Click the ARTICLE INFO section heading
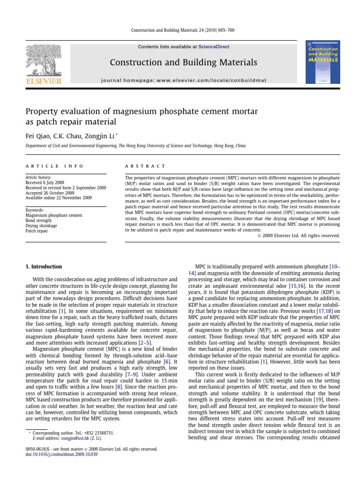tap(54, 166)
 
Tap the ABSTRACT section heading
tap(145, 166)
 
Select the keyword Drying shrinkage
tap(41, 225)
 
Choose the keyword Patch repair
tap(37, 231)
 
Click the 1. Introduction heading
tap(43, 267)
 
